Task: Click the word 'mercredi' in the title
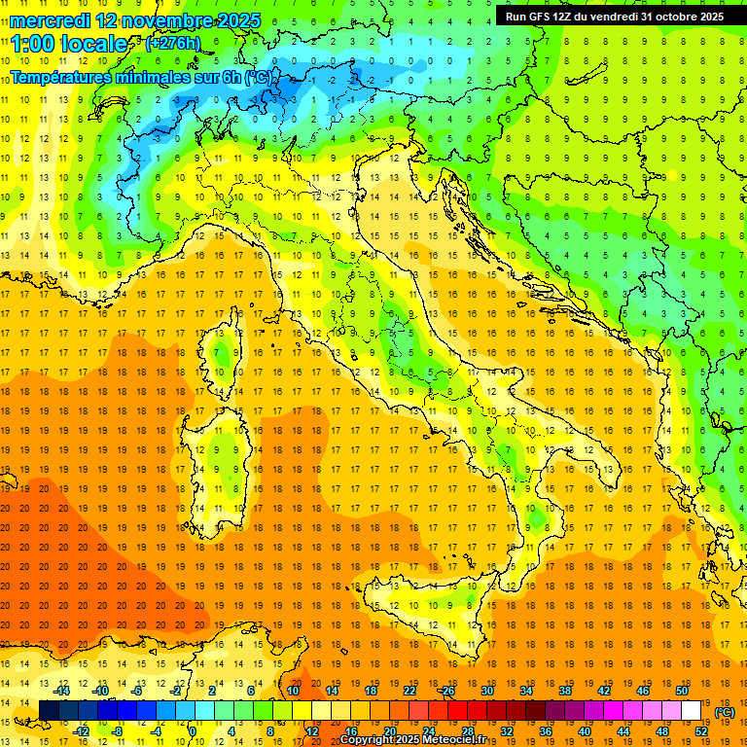tap(51, 19)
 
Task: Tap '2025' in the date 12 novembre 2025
tap(221, 19)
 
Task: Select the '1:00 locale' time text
tap(69, 44)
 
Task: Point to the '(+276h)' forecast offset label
tap(173, 44)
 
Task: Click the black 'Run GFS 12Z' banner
tap(615, 17)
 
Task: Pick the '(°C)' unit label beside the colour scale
tap(725, 712)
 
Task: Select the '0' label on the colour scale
tap(193, 731)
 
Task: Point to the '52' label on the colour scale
tap(701, 731)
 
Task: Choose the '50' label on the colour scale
tap(682, 691)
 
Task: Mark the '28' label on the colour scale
tap(467, 731)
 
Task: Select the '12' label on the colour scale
tap(312, 731)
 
